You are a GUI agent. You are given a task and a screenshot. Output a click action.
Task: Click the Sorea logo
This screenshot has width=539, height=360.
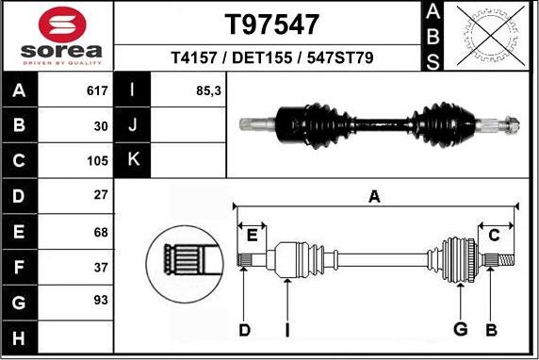[x=58, y=37]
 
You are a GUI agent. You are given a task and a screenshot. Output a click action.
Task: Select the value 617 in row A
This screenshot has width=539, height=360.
[x=97, y=91]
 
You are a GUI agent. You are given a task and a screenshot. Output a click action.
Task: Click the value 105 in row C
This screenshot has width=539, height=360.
[x=97, y=160]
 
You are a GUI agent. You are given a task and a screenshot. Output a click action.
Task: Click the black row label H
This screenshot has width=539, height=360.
[x=19, y=335]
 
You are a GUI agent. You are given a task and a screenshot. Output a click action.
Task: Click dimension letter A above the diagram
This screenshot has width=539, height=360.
[x=374, y=197]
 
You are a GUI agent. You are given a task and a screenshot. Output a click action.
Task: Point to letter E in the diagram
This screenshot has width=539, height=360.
[x=252, y=235]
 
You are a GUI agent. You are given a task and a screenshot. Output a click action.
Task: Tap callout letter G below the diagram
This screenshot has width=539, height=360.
[x=460, y=330]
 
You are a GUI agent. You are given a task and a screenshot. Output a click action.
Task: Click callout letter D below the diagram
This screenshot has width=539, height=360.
[x=244, y=330]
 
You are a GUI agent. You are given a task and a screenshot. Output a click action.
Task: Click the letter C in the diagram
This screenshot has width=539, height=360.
[x=494, y=235]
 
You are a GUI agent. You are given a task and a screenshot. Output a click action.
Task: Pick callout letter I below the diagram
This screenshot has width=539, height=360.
[x=286, y=330]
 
